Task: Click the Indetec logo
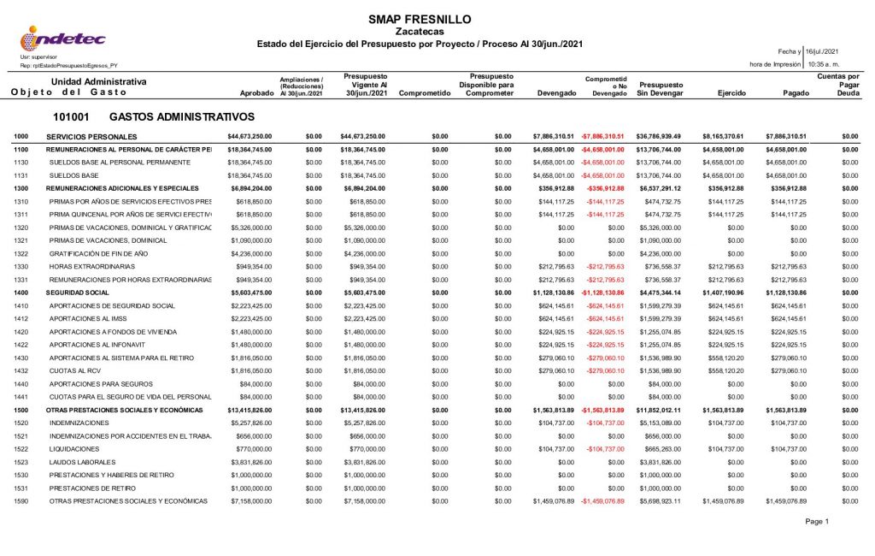coord(63,38)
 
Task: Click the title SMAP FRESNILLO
coord(420,19)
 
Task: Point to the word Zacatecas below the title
coord(420,32)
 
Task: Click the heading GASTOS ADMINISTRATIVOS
coord(182,116)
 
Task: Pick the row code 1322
coord(21,254)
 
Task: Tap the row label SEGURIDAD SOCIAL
coord(79,293)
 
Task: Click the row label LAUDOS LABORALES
coord(85,462)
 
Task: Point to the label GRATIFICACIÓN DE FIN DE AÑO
coord(108,254)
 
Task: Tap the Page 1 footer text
coord(816,522)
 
